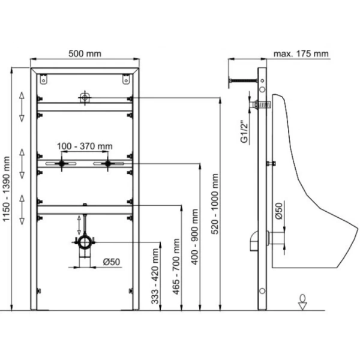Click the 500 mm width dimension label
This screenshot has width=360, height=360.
[x=85, y=54]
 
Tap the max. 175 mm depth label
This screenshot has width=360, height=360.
[x=301, y=54]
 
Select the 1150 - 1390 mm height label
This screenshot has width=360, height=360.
[x=6, y=189]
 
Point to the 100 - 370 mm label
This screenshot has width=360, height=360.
[x=85, y=146]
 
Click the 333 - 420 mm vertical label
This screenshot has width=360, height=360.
[x=155, y=277]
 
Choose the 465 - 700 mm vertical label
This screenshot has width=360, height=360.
[x=176, y=266]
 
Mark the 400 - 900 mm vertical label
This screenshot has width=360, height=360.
[x=194, y=237]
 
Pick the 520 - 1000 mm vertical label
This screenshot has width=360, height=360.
[x=215, y=204]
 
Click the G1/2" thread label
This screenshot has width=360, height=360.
[x=245, y=131]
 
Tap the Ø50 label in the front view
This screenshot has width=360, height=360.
[x=112, y=262]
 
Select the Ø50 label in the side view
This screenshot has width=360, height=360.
[x=278, y=211]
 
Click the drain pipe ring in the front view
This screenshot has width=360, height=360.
[x=85, y=242]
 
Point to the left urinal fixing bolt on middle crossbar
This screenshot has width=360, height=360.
[x=61, y=164]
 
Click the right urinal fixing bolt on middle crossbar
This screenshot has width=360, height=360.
[x=107, y=164]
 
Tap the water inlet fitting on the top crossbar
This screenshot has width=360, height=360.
[x=85, y=98]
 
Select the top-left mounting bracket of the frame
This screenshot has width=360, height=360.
[x=43, y=79]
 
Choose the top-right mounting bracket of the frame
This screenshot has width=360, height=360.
[x=125, y=79]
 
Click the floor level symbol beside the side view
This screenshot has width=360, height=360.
[x=302, y=302]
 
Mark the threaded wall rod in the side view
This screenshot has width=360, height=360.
[x=243, y=80]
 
